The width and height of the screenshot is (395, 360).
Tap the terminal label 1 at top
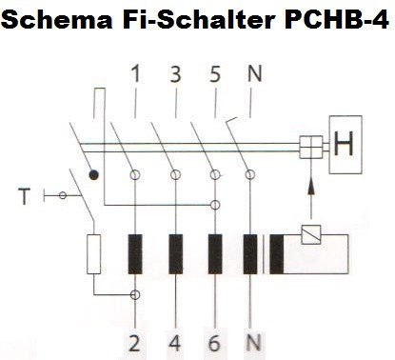140,72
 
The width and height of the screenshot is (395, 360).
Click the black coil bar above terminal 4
176,252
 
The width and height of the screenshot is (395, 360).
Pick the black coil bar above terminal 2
136,252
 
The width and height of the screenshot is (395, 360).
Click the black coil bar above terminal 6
215,252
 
